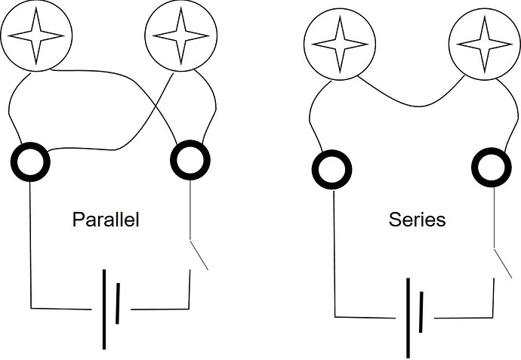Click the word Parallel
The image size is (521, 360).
pyautogui.click(x=106, y=220)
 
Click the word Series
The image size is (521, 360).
pyautogui.click(x=417, y=220)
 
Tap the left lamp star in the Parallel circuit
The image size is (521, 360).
pyautogui.click(x=36, y=36)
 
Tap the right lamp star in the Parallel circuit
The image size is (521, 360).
pyautogui.click(x=180, y=36)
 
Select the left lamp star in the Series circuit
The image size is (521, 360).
pyautogui.click(x=340, y=45)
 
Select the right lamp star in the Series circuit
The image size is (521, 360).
pyautogui.click(x=485, y=45)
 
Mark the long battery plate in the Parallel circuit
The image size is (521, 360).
pyautogui.click(x=104, y=309)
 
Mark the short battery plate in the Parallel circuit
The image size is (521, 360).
pyautogui.click(x=118, y=303)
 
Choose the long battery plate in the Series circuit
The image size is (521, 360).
pyautogui.click(x=408, y=318)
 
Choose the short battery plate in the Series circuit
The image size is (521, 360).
pyautogui.click(x=421, y=312)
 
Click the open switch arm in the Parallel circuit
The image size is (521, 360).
pyautogui.click(x=199, y=255)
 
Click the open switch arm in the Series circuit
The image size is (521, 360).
pyautogui.click(x=503, y=263)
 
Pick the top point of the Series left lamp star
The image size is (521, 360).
pyautogui.click(x=340, y=16)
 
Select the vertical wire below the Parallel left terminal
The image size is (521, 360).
pyautogui.click(x=30, y=245)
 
